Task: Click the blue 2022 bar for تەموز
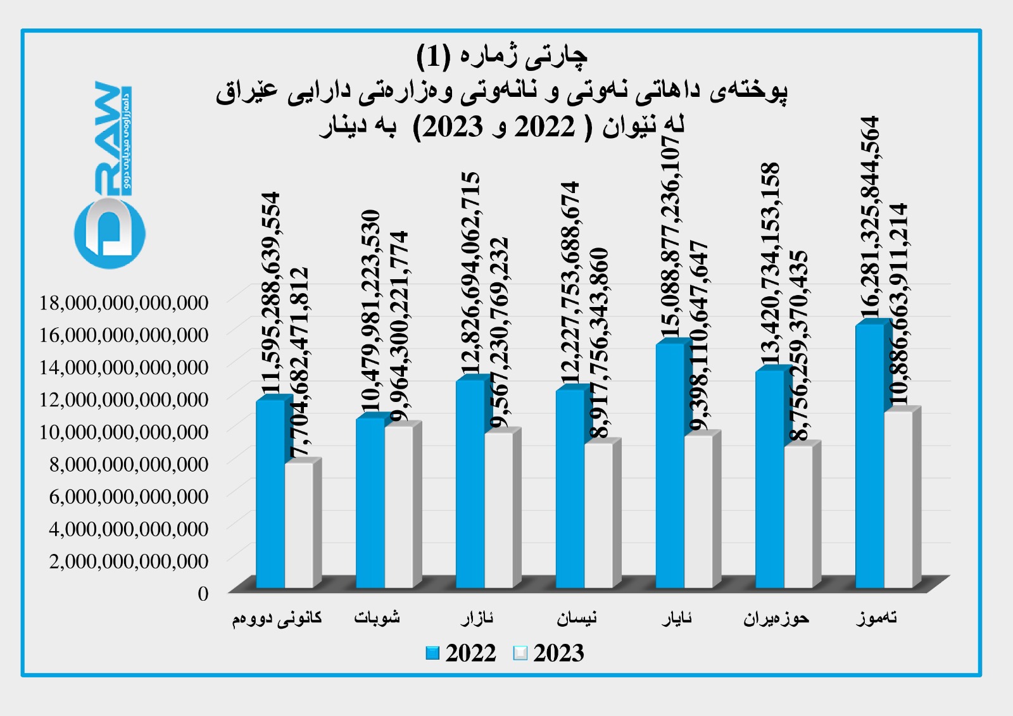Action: [x=869, y=456]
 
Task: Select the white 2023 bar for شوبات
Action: [x=398, y=506]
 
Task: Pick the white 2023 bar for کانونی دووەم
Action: [x=298, y=525]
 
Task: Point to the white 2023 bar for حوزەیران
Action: [x=798, y=517]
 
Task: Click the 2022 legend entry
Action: [x=461, y=653]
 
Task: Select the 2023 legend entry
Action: [x=549, y=653]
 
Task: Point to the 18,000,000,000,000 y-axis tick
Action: [x=124, y=303]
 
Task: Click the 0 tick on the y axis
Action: [x=203, y=593]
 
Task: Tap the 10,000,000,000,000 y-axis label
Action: [x=124, y=432]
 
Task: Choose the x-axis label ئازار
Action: [x=477, y=618]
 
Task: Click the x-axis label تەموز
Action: [x=877, y=618]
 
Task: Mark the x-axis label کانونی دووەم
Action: [x=277, y=618]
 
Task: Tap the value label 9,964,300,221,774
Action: [x=398, y=326]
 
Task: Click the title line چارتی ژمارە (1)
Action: [x=501, y=56]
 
